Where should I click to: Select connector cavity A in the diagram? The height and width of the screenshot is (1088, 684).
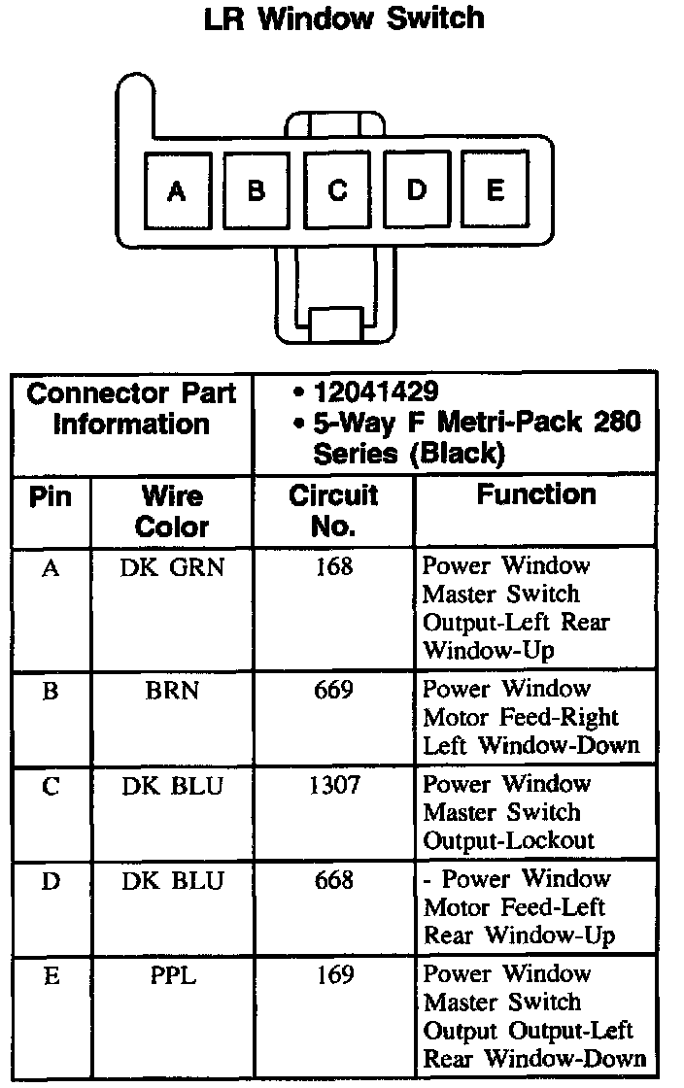176,191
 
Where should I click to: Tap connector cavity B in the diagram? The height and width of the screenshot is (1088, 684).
256,191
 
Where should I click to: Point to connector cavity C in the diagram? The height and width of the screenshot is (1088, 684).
336,191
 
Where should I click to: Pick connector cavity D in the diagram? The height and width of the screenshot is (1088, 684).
416,191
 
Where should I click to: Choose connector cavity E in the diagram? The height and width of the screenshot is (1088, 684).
495,191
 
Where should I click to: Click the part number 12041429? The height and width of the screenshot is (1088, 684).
375,392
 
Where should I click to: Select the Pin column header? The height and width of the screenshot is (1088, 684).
51,497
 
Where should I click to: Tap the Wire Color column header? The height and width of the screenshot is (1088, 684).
172,512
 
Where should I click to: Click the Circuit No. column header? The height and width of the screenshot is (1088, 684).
333,512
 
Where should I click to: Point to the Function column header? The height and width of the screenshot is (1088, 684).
535,495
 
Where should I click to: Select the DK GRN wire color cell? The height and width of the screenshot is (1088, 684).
172,566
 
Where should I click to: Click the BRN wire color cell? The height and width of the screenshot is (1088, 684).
172,691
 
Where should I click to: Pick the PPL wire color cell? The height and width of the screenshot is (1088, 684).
172,975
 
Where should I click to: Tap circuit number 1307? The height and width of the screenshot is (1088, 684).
333,785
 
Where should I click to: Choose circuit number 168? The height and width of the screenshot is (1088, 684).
333,566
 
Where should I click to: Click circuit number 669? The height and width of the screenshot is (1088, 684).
333,691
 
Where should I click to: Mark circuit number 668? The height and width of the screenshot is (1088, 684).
333,880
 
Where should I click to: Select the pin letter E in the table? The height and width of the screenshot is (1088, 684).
51,975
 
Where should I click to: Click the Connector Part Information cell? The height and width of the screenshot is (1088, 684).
132,409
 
